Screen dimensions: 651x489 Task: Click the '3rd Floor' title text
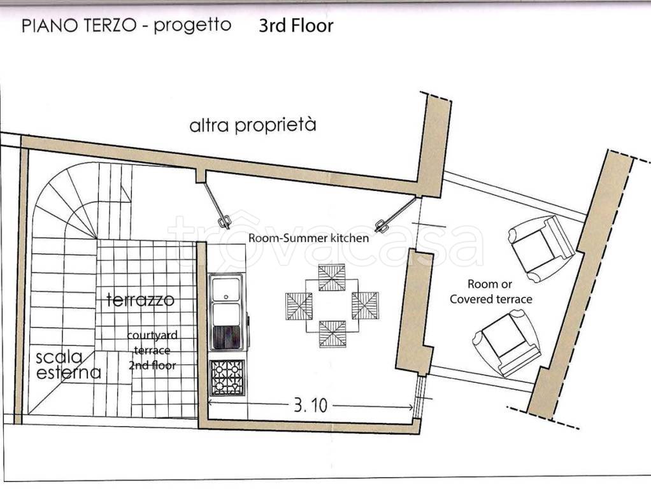(x=296, y=25)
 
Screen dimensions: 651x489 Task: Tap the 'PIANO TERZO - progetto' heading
(x=126, y=25)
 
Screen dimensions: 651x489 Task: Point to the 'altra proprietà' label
(x=253, y=125)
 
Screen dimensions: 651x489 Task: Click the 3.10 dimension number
(x=311, y=405)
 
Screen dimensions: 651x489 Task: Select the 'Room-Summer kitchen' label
(x=308, y=238)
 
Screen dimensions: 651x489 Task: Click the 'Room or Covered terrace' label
(x=490, y=292)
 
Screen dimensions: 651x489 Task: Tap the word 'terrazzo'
(x=140, y=299)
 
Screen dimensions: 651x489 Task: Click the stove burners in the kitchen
(x=227, y=378)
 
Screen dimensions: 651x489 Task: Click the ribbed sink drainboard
(x=226, y=337)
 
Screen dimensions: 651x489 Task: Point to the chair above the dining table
(x=332, y=278)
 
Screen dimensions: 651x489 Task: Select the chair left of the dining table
(x=299, y=306)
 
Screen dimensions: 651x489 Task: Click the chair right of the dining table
(x=365, y=306)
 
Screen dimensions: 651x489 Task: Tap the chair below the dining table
(x=332, y=334)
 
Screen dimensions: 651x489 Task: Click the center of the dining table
(x=332, y=306)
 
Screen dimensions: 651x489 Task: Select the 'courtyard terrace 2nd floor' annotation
(x=152, y=350)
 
